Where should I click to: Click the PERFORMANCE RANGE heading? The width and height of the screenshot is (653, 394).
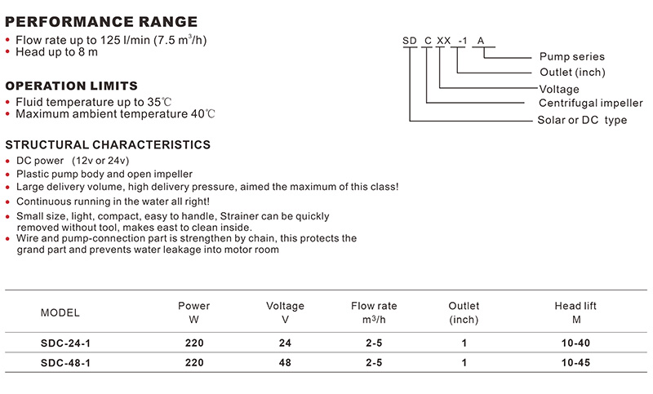coord(101,22)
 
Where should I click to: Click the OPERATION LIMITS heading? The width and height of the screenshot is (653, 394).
coord(71,86)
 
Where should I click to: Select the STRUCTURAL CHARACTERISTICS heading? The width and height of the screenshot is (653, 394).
coord(108,144)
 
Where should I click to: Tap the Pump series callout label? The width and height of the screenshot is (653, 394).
coord(572,56)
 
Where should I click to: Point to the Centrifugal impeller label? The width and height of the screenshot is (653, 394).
coord(590,103)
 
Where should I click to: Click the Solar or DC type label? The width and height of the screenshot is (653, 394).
coord(582,120)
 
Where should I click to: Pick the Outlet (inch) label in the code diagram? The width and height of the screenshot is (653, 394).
coord(572,73)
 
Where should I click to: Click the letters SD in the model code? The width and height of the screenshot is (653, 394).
coord(410,41)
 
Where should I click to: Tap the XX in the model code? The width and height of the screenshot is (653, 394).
coord(443,41)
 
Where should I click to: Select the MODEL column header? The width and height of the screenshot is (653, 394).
coord(60,313)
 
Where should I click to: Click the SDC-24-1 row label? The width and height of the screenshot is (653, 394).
coord(65,343)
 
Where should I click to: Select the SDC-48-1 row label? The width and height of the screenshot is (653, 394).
coord(65,363)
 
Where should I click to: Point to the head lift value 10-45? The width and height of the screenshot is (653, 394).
coord(575,363)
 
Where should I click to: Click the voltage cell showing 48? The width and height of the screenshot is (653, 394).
coord(285,363)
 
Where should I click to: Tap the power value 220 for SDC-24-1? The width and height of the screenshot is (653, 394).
coord(194,343)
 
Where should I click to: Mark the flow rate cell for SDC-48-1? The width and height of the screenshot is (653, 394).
coord(374,363)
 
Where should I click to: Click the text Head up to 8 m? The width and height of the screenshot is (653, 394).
coord(56,52)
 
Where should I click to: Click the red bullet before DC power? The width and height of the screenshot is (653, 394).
coord(7,162)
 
